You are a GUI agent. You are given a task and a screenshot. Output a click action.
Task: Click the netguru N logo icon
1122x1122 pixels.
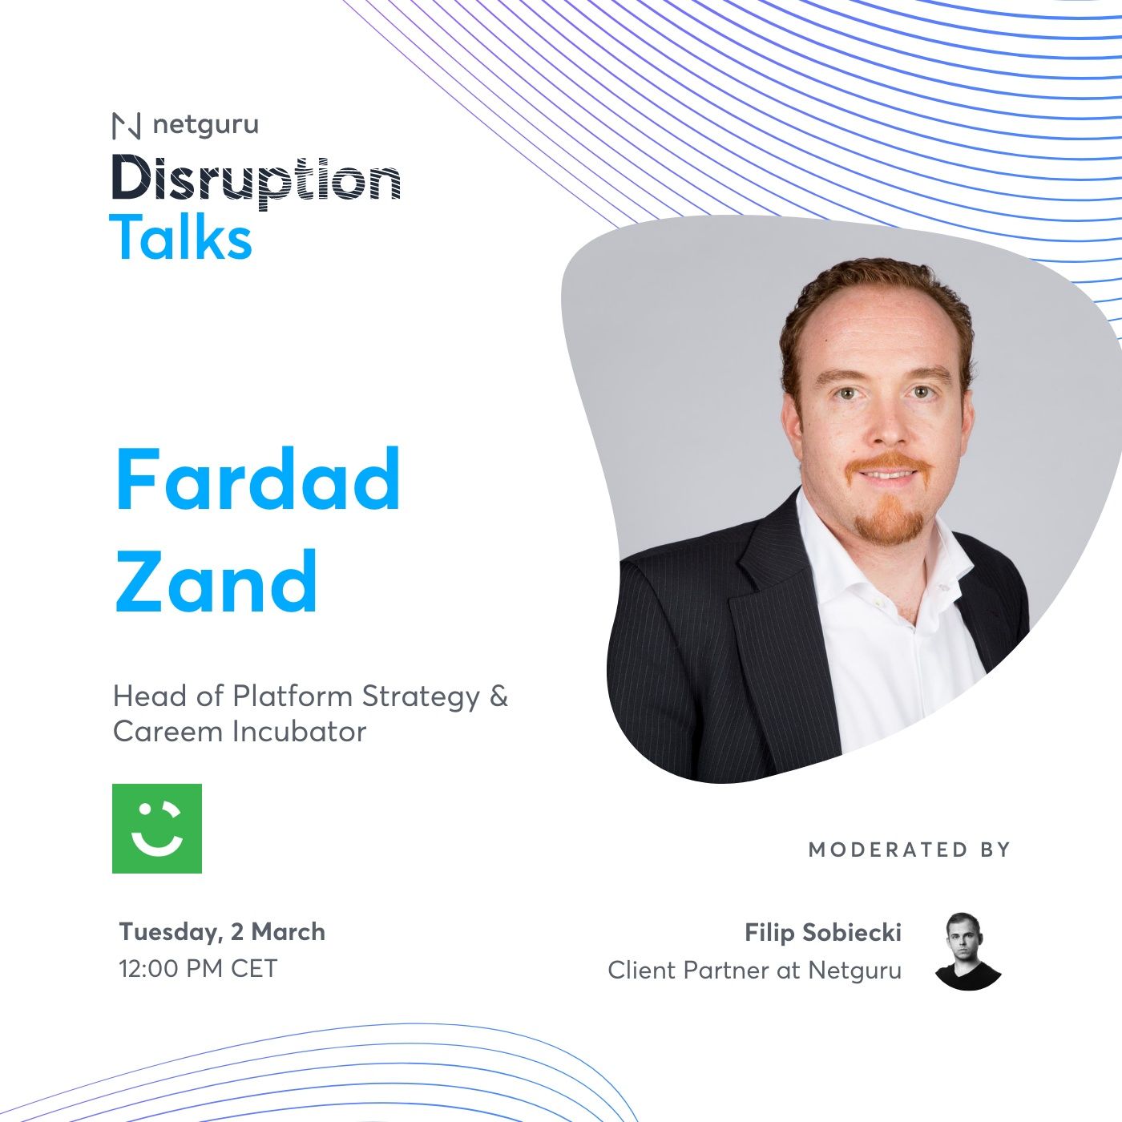127,126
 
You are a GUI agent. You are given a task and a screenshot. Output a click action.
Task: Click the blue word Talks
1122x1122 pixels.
181,237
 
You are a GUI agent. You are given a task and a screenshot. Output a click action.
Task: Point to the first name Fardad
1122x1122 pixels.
258,480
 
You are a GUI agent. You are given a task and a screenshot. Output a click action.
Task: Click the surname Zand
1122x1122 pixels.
216,581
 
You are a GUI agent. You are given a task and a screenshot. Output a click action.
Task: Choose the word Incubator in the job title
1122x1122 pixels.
299,732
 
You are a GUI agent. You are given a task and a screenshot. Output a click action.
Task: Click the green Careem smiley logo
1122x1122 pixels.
157,829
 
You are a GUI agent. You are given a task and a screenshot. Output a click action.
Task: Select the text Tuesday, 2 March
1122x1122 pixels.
222,931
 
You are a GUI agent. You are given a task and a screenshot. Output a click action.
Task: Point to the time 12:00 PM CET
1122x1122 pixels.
198,968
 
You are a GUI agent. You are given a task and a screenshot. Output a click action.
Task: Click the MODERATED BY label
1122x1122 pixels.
909,850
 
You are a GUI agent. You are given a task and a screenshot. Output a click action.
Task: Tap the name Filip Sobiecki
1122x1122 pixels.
823,932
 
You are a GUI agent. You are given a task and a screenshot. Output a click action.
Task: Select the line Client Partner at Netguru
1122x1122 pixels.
755,971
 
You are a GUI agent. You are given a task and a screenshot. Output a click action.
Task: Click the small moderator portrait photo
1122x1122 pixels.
967,950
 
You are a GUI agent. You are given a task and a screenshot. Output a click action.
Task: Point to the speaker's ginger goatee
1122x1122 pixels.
888,519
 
